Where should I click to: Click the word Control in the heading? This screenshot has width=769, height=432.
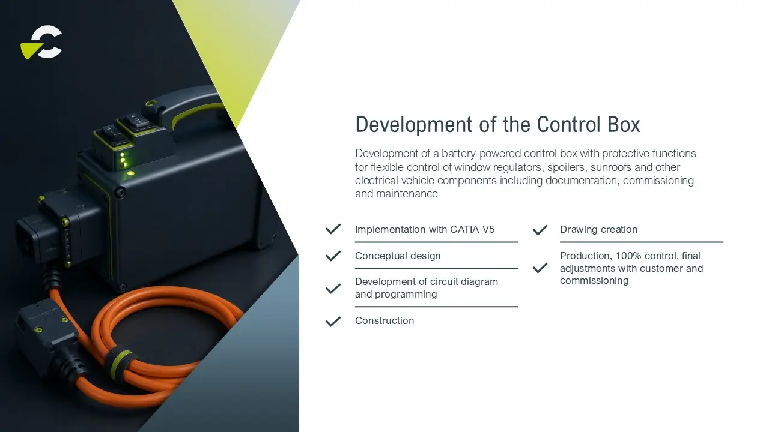tap(568, 124)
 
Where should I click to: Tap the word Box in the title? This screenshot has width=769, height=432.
tap(624, 124)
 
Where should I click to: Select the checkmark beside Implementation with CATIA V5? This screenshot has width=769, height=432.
tap(333, 229)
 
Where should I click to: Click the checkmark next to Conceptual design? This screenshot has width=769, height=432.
tap(333, 256)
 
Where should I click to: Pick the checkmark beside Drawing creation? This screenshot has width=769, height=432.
tap(540, 230)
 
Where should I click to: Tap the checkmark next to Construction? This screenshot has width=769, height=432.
tap(333, 321)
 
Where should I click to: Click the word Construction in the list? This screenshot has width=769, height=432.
tap(384, 320)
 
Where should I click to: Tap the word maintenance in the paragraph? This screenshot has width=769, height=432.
tap(407, 194)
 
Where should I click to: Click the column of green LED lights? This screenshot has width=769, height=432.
tap(123, 160)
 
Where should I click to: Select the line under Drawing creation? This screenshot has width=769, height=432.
tap(641, 242)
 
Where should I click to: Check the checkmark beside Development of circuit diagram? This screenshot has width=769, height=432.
tap(333, 289)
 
